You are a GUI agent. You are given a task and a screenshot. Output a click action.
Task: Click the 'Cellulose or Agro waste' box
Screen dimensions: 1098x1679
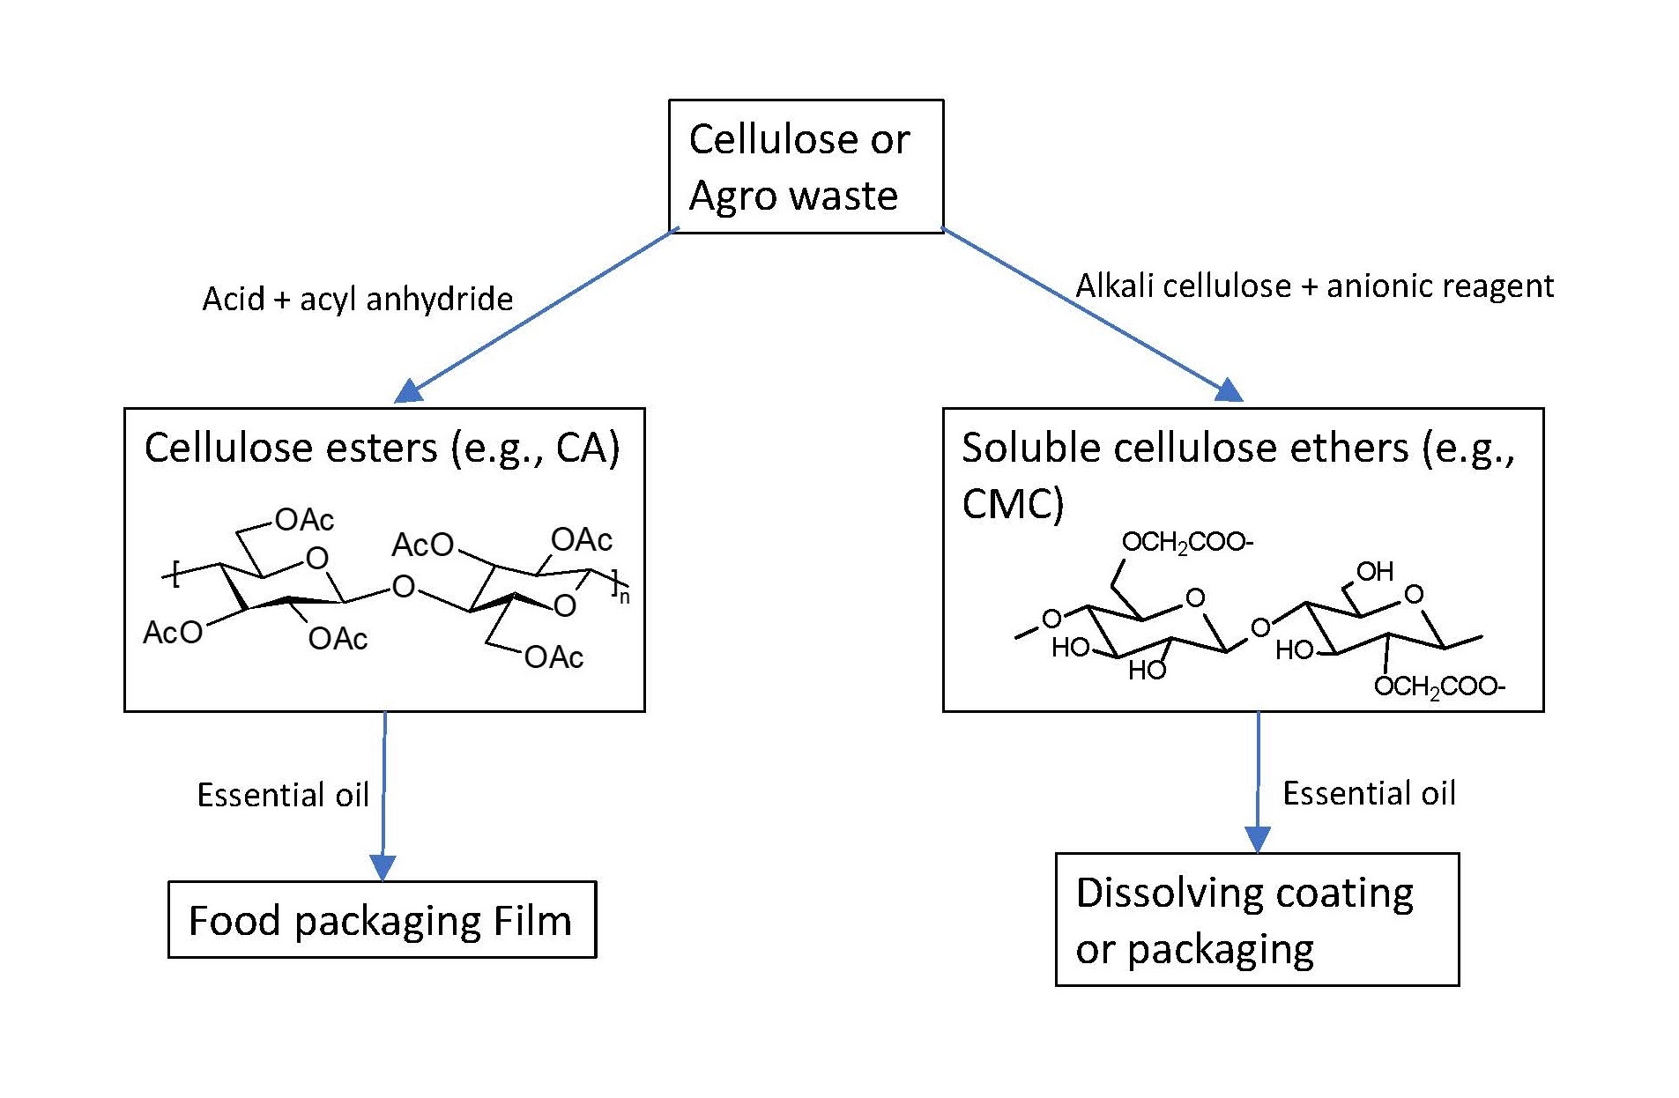click(x=806, y=167)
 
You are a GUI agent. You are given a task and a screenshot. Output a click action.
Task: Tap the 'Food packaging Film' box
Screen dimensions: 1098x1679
click(x=382, y=919)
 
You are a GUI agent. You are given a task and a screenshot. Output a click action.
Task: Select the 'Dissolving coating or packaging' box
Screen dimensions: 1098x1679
click(x=1257, y=919)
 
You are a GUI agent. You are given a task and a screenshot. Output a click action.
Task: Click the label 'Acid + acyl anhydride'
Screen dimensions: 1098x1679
click(x=358, y=300)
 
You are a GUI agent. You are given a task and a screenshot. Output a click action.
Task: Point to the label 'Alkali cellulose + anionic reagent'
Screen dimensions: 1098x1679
click(x=1314, y=286)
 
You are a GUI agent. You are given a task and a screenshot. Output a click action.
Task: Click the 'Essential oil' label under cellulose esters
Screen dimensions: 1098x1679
click(x=283, y=795)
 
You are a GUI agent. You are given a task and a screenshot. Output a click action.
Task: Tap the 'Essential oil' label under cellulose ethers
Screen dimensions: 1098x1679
click(x=1369, y=793)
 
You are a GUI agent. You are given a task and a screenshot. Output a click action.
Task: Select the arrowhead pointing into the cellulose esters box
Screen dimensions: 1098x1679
click(x=407, y=391)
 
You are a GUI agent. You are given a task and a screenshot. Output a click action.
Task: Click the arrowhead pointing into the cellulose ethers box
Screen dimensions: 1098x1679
click(x=1230, y=390)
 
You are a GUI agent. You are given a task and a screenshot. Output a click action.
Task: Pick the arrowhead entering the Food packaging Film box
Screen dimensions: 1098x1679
click(x=383, y=868)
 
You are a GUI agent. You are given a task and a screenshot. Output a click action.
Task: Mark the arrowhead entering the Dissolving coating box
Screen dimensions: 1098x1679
click(x=1257, y=840)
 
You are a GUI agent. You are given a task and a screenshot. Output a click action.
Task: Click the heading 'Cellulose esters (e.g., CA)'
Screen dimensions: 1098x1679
click(x=382, y=448)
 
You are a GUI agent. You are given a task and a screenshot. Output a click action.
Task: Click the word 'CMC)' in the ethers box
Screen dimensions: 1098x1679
click(x=1013, y=504)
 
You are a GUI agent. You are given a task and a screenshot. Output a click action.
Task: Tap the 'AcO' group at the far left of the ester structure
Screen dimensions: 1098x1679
click(x=173, y=632)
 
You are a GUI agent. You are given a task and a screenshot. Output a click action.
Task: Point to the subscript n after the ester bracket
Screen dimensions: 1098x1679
click(x=624, y=597)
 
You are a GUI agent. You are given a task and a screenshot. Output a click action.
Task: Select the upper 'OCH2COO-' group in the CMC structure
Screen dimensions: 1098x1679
click(x=1187, y=543)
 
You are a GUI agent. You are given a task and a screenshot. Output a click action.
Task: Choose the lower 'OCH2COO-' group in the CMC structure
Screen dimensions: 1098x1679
click(x=1439, y=687)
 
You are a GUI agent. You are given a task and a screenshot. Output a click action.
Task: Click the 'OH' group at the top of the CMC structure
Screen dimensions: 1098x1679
click(x=1374, y=572)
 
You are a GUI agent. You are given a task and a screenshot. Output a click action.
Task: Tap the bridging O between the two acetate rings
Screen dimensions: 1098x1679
click(x=403, y=587)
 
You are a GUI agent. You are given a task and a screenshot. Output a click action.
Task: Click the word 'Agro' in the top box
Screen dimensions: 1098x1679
click(x=736, y=196)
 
